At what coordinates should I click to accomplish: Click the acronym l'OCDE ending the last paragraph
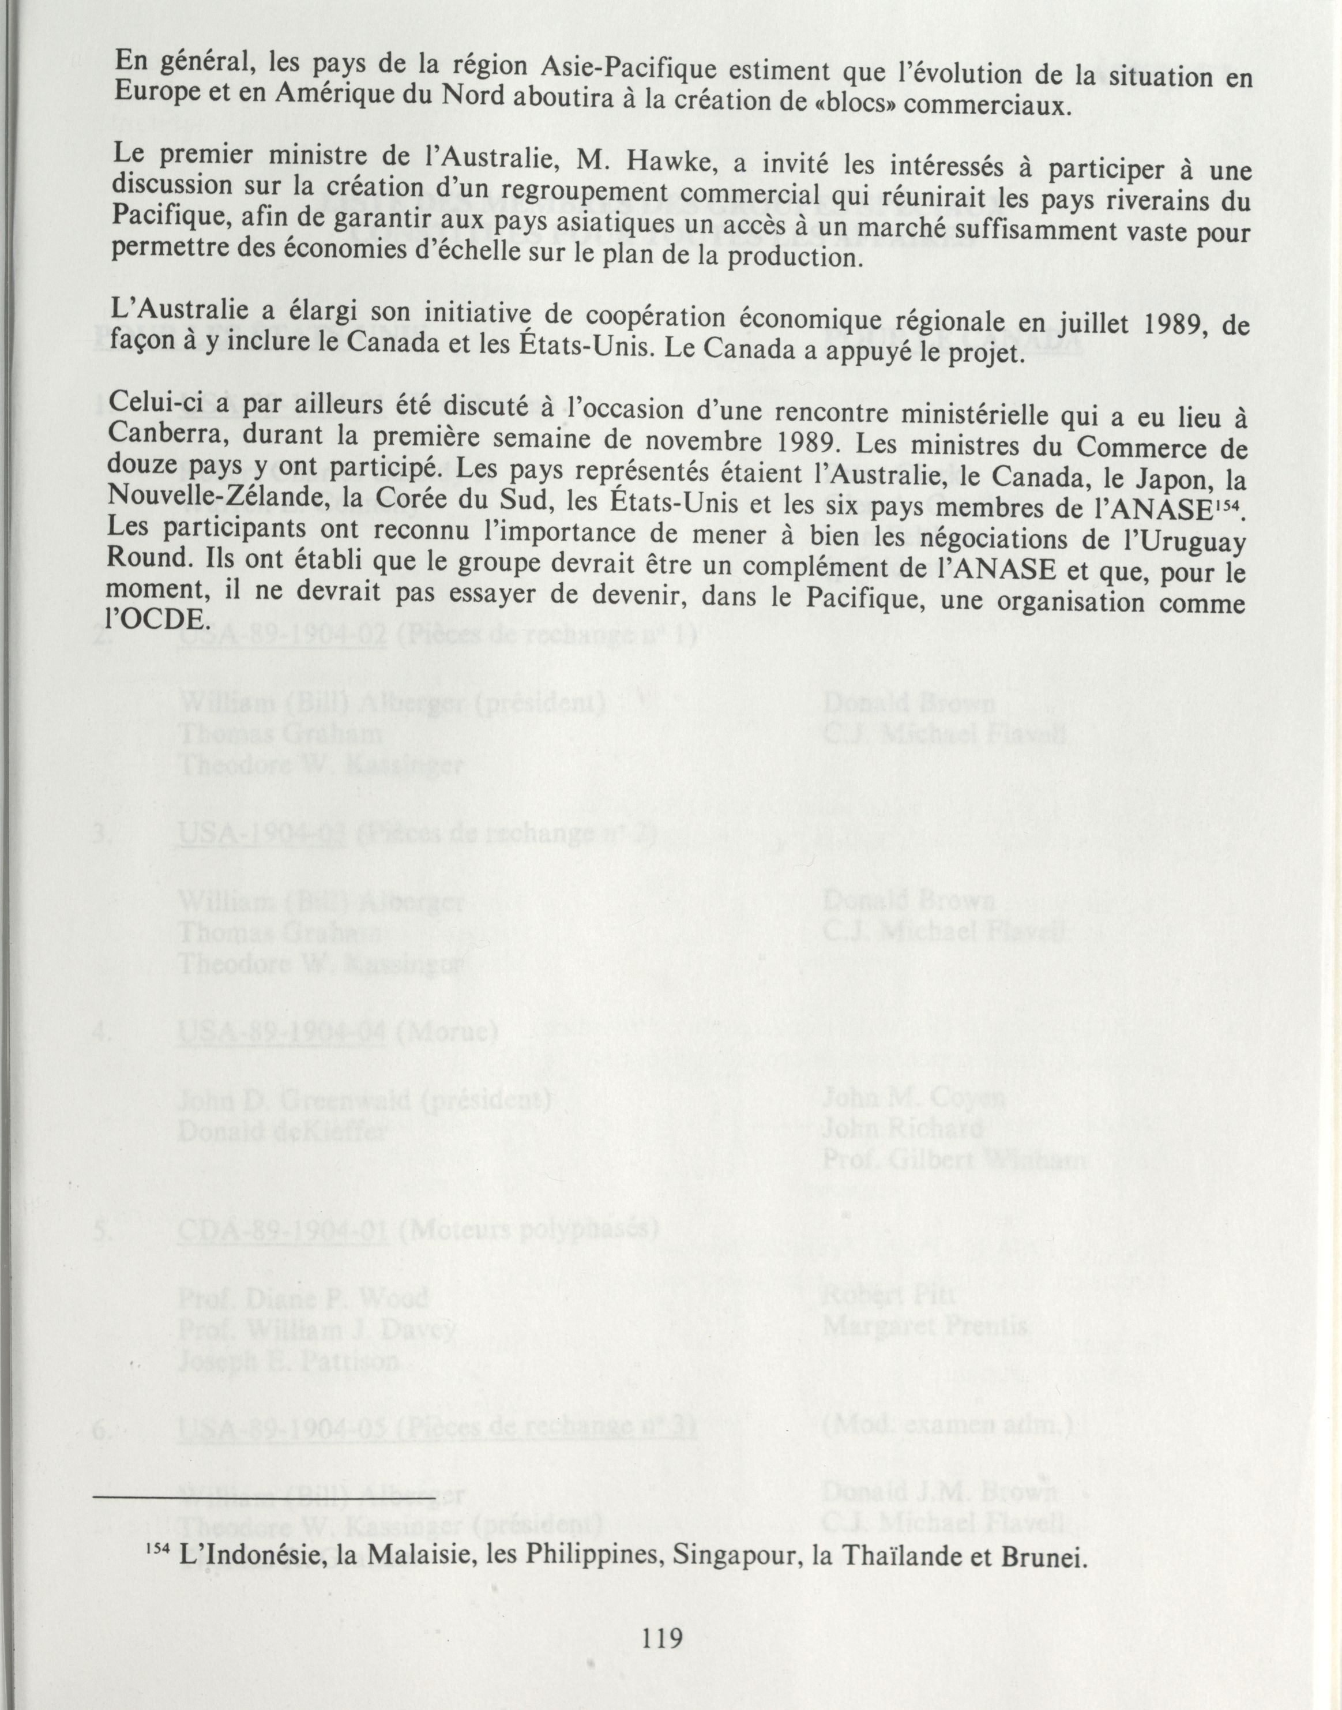point(155,618)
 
